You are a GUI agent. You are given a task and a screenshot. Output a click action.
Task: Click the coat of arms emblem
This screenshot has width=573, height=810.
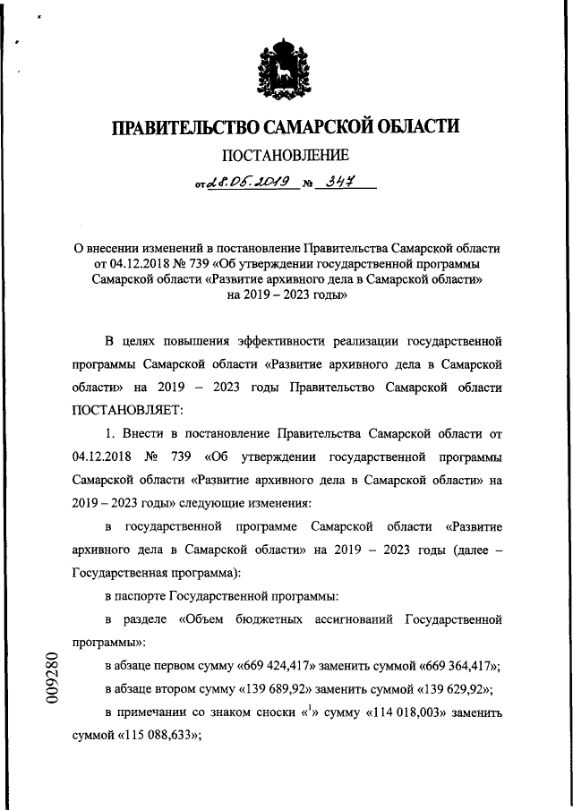pyautogui.click(x=286, y=71)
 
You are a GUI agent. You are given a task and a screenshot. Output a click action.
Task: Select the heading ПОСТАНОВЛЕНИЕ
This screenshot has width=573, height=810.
pyautogui.click(x=286, y=158)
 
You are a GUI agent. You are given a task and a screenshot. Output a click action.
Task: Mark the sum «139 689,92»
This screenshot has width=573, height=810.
pyautogui.click(x=272, y=690)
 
